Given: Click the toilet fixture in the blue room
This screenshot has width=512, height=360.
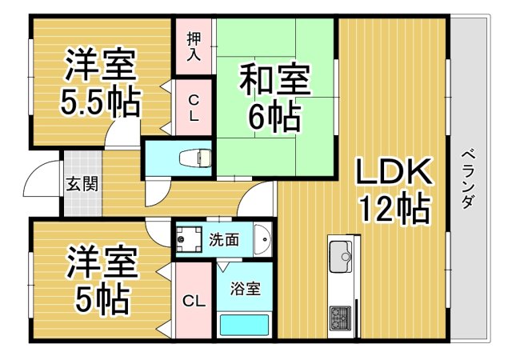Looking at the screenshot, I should (x=194, y=158).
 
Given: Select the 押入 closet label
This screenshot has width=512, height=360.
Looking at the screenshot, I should (x=194, y=46).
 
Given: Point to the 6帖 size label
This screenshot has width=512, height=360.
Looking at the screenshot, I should (x=274, y=118).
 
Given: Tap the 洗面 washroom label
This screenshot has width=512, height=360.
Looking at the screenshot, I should (x=224, y=238).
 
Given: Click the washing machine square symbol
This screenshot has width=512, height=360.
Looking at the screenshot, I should (x=190, y=238).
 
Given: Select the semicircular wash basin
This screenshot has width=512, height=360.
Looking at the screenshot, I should (x=265, y=238).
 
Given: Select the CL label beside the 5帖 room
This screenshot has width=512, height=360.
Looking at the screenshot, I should (x=193, y=301).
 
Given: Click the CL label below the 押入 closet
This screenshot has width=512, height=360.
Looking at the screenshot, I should (x=194, y=106).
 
